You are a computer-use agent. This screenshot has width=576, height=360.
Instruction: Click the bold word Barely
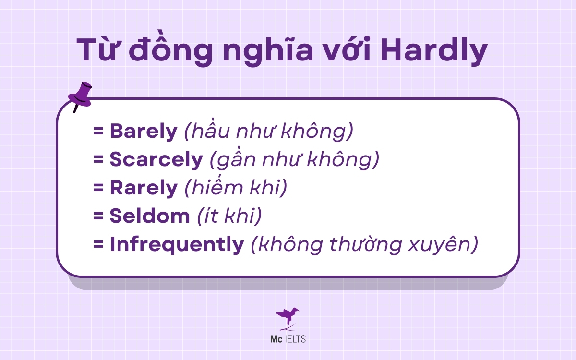(x=144, y=132)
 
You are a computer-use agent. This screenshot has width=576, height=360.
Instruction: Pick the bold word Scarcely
(x=156, y=160)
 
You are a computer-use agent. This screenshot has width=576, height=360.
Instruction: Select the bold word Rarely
(x=144, y=188)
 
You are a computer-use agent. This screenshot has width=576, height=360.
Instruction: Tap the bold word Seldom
(x=150, y=216)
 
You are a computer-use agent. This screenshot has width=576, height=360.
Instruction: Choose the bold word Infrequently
(x=177, y=245)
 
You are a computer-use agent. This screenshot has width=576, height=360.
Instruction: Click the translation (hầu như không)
(x=269, y=132)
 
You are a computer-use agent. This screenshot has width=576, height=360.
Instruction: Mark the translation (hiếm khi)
(x=236, y=188)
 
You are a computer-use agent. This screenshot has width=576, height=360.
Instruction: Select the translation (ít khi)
(x=230, y=216)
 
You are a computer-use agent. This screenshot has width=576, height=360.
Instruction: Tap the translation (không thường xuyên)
(x=365, y=245)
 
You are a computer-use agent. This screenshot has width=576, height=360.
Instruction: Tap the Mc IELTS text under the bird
(x=288, y=339)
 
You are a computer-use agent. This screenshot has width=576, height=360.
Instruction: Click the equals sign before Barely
(x=99, y=132)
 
